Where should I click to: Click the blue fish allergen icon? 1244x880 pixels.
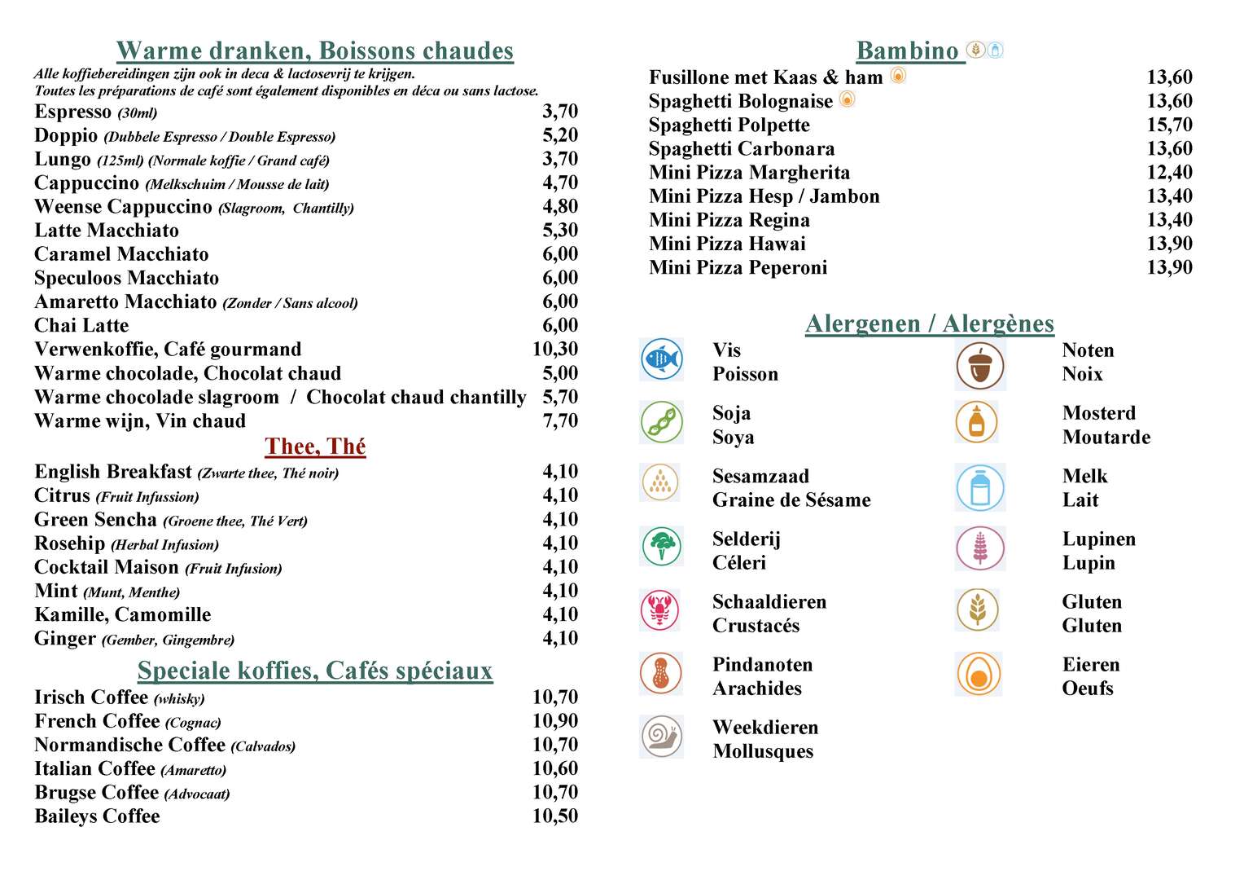point(661,359)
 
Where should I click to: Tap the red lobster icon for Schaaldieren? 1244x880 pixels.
point(661,610)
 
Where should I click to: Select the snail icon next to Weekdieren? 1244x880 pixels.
point(661,737)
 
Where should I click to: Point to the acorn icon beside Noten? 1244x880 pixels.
point(979,365)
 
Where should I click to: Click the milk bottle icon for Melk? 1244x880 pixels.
point(979,487)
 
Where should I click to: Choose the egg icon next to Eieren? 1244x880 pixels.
point(979,675)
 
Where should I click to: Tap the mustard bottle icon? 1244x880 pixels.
point(977,422)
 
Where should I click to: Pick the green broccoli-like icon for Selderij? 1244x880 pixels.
point(661,546)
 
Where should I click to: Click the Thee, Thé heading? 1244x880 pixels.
point(315,447)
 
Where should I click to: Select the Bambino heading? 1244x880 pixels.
point(908,51)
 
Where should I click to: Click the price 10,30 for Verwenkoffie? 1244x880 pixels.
point(555,350)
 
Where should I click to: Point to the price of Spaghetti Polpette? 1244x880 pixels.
point(1169,125)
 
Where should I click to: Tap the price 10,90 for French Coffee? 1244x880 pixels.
point(555,721)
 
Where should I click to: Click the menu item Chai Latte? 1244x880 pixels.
point(81,326)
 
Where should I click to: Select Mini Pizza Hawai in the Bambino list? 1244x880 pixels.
point(727,244)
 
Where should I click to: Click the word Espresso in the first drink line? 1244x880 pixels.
point(72,112)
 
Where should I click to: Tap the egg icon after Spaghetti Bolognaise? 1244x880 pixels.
point(847,99)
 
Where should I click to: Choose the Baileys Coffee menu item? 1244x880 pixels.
point(97,816)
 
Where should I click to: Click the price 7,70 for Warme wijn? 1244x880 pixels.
point(560,421)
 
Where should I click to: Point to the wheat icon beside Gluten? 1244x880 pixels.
point(978,610)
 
